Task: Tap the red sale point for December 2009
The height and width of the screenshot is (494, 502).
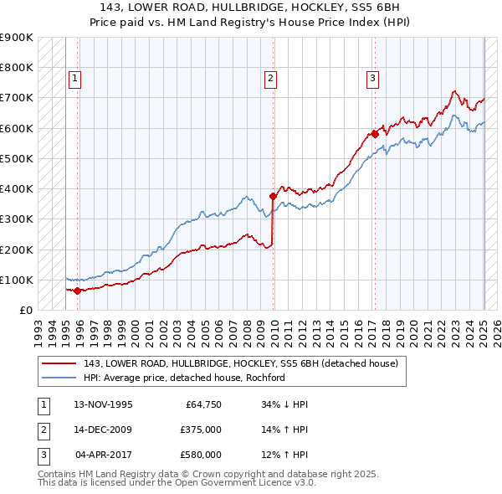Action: [x=274, y=196]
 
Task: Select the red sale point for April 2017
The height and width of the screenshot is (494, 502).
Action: [x=375, y=133]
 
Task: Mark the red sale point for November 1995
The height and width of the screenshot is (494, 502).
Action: [x=77, y=291]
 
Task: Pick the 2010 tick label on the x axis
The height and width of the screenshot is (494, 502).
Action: [x=275, y=327]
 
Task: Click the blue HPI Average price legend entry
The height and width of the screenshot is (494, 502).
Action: [x=185, y=378]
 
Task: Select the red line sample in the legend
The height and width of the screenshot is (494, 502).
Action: [x=59, y=364]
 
